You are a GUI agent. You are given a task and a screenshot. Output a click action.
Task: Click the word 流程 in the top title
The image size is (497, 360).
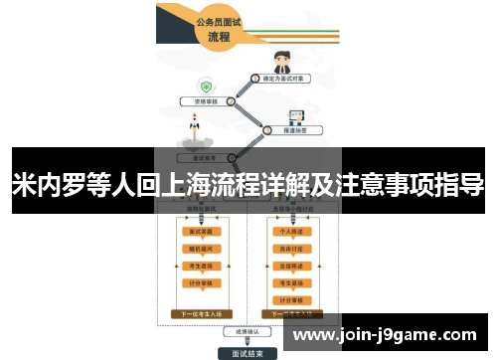click(219, 37)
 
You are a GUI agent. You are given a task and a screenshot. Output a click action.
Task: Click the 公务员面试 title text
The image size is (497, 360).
click(219, 20)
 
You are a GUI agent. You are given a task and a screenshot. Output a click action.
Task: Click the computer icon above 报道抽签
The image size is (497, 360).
click(296, 114)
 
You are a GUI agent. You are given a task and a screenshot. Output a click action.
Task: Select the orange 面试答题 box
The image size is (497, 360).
click(200, 230)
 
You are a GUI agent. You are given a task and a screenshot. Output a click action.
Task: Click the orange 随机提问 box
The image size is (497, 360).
click(200, 248)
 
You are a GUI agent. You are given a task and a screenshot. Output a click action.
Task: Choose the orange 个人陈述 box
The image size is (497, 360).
click(292, 230)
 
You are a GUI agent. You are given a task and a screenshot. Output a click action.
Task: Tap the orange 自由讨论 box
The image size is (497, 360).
click(292, 248)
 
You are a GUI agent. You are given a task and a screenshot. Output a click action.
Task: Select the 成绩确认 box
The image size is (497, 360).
click(248, 331)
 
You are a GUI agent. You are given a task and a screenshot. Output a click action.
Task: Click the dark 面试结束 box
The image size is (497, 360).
click(248, 352)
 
